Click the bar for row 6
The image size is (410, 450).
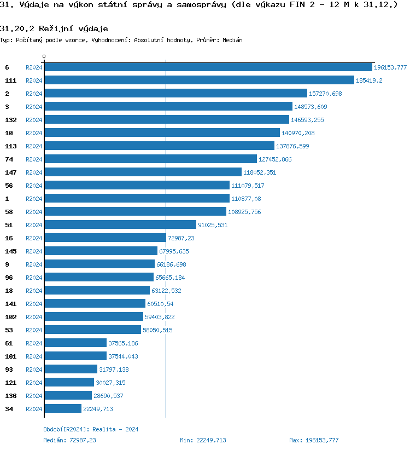click(x=208, y=67)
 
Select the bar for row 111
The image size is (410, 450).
click(x=199, y=80)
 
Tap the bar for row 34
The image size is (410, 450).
click(x=63, y=409)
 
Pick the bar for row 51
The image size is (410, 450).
click(x=120, y=225)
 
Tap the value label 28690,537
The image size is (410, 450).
click(x=109, y=396)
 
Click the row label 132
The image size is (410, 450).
click(x=10, y=120)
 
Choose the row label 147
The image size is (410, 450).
click(x=10, y=172)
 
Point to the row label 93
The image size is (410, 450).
click(x=9, y=370)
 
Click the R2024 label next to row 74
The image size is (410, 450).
click(x=34, y=159)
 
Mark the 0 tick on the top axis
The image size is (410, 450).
click(x=44, y=56)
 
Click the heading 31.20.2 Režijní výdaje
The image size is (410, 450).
click(x=54, y=28)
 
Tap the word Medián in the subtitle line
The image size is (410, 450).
click(x=232, y=41)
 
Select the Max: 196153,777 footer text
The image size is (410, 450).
click(x=314, y=440)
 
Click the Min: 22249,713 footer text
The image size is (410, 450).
click(x=203, y=440)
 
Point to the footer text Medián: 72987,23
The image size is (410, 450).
click(x=69, y=440)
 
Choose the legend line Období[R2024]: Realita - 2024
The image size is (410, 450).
click(x=91, y=430)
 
